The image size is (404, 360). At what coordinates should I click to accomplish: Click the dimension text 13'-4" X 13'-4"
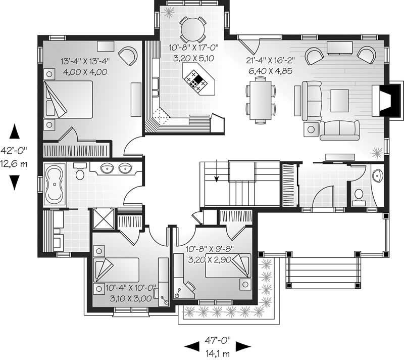(85, 61)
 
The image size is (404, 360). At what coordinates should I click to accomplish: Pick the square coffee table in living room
(339, 99)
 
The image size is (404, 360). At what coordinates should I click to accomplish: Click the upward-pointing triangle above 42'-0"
(15, 132)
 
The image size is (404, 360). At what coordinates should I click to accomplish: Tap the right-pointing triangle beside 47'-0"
(243, 346)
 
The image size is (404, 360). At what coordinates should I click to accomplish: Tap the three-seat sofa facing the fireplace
(339, 130)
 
